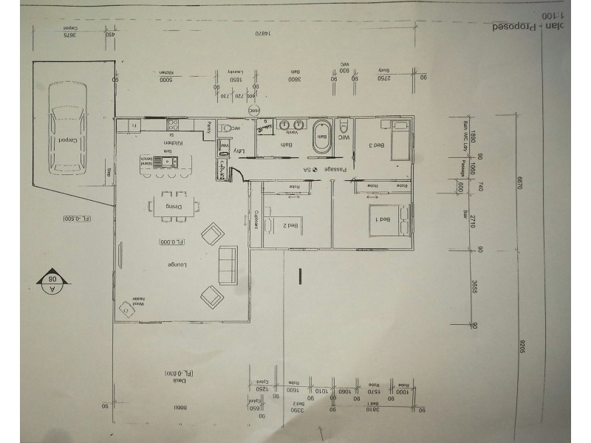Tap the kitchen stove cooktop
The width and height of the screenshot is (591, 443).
tap(174, 124)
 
